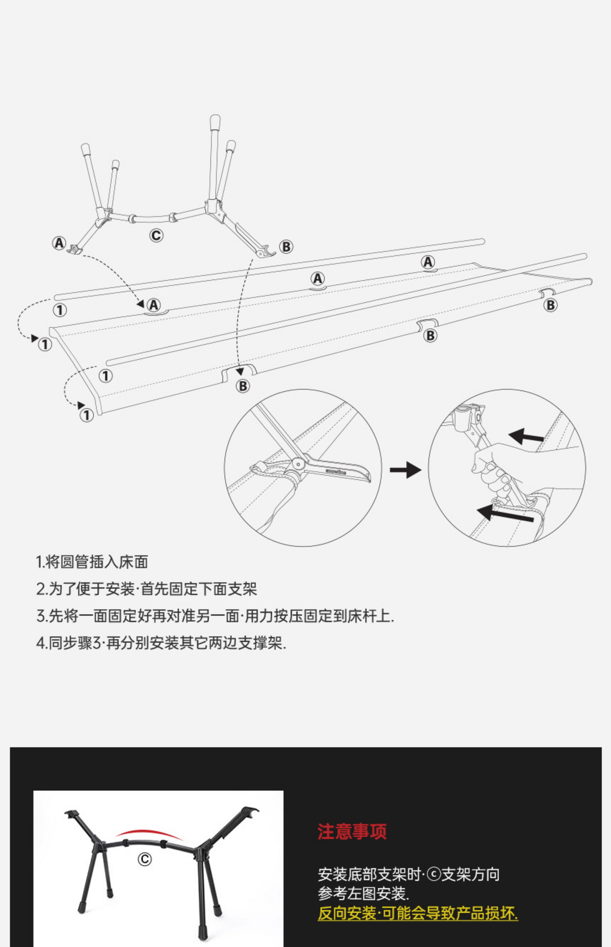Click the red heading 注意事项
point(352,831)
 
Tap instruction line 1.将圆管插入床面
point(92,562)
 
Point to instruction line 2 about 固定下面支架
point(146,589)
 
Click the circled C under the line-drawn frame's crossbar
point(156,236)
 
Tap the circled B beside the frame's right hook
point(286,247)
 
